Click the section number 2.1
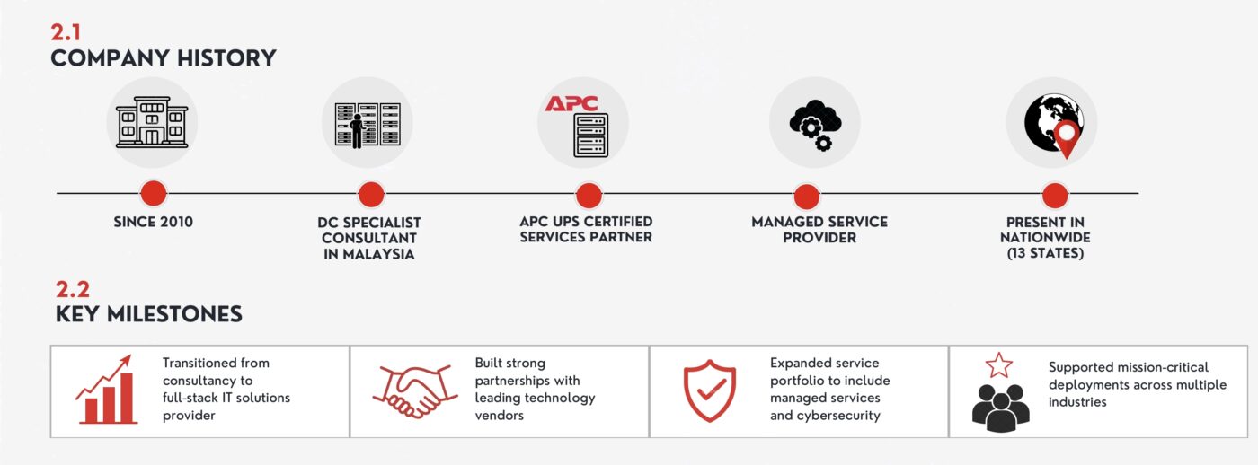pos(66,32)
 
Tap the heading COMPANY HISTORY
pos(164,58)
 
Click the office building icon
pos(152,122)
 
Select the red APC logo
pos(571,103)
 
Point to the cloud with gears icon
pos(815,125)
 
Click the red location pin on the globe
pos(1066,139)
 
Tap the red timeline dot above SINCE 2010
pos(154,194)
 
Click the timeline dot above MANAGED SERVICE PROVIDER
pos(807,197)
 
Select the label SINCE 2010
pos(154,222)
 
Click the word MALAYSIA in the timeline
pos(378,254)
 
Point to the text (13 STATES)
pos(1045,253)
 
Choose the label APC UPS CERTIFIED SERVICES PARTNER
pos(586,230)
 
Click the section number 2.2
pos(73,289)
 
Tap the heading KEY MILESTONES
pos(149,314)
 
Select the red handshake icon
pos(415,391)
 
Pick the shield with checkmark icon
pos(710,390)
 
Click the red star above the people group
pos(999,365)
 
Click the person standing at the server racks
pos(357,131)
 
